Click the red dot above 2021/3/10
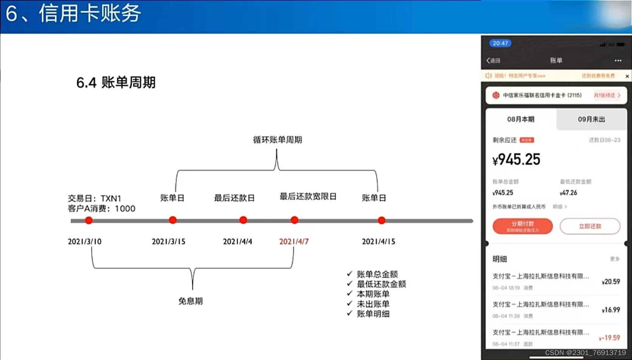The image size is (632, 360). point(89,220)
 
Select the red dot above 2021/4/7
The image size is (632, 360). point(294,220)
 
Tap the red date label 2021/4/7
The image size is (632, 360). point(294,242)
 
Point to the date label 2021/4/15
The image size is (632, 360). point(378,242)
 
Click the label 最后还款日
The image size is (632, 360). point(234,198)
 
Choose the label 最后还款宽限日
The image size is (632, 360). point(308,196)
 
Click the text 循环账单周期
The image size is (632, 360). point(278,140)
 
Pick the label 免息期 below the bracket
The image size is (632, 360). point(190,301)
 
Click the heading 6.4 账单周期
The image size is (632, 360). point(116,83)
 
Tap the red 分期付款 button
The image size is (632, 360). point(523,226)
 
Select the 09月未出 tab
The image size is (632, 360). point(591,119)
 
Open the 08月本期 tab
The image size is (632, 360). point(521,119)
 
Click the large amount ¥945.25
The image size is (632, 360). point(517,160)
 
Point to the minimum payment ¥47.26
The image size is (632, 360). point(568,193)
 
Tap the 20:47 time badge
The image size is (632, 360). point(500,43)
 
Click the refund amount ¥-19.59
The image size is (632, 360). point(609,338)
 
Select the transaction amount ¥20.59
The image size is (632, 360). point(611,282)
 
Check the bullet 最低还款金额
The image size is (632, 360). point(381,284)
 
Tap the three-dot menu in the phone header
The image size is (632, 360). point(618,61)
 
